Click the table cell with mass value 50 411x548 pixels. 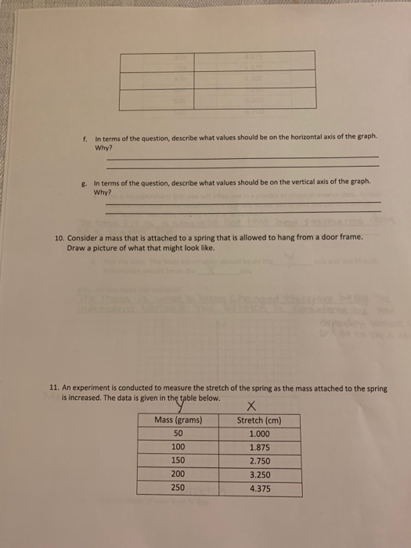coord(178,434)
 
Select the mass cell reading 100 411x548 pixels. coord(178,448)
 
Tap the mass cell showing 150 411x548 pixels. coord(178,461)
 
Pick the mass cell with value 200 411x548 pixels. coord(178,474)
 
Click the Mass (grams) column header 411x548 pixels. coord(178,420)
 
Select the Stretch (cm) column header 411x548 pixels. coord(258,420)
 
